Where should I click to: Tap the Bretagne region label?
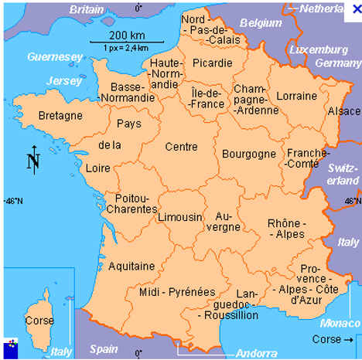point(60,116)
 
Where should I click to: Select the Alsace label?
point(344,111)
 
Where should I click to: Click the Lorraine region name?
point(297,96)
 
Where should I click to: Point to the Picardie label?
point(213,63)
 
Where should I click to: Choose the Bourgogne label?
point(248,154)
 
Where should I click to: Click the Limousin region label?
point(179,217)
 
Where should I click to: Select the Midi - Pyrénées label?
point(177,292)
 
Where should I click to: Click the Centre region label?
point(181,145)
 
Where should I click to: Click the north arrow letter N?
point(33,161)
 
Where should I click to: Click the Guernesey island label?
point(54,57)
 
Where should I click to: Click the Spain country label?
point(104,348)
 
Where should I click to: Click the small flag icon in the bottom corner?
point(10,345)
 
